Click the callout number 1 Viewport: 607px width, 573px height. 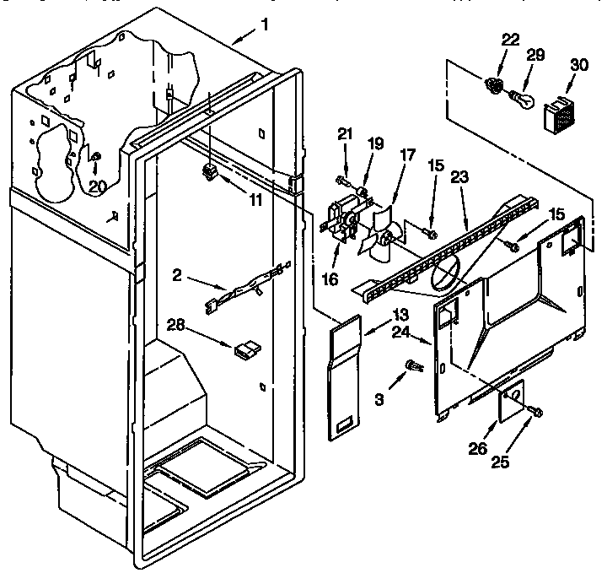pyautogui.click(x=264, y=24)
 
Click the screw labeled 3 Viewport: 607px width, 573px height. pyautogui.click(x=413, y=365)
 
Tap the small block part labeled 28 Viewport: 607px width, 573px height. pyautogui.click(x=248, y=347)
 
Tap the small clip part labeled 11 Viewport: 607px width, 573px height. pyautogui.click(x=210, y=172)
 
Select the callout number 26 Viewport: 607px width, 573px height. pyautogui.click(x=478, y=448)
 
